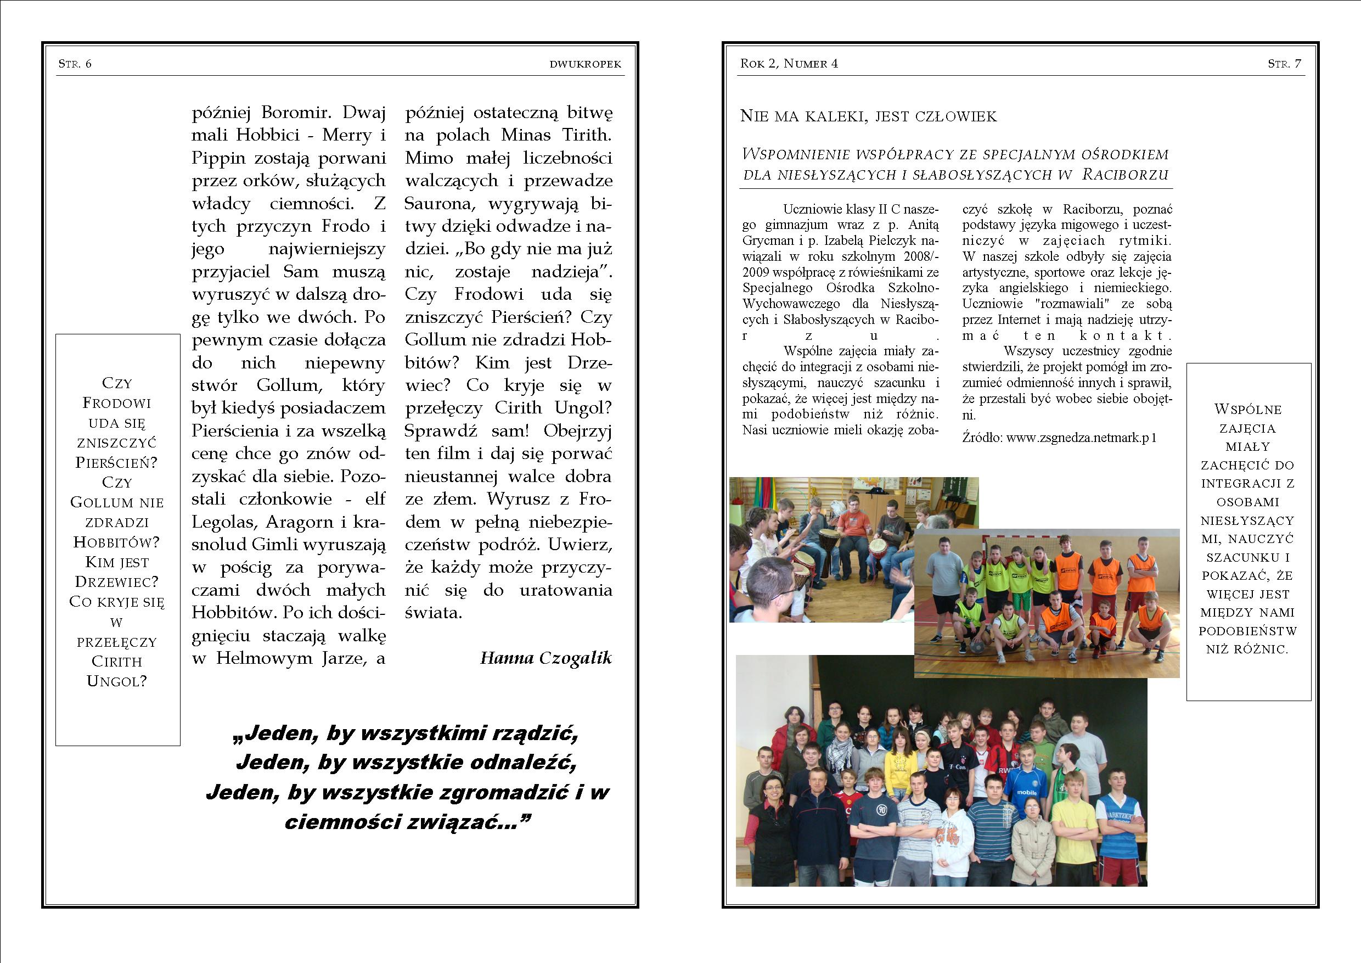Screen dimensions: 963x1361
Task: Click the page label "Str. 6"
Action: pos(75,64)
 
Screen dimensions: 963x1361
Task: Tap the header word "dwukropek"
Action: pos(585,64)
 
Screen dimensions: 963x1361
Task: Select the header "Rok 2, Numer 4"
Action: pos(789,64)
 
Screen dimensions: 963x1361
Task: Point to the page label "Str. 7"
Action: pos(1285,64)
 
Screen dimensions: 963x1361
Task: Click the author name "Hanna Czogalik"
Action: pos(545,658)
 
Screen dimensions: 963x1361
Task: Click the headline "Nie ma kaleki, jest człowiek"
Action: pos(868,116)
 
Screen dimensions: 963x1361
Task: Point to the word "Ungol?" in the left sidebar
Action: pos(117,681)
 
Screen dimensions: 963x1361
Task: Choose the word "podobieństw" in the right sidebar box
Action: pos(1248,631)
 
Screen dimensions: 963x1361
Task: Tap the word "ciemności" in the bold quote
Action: pos(340,822)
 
